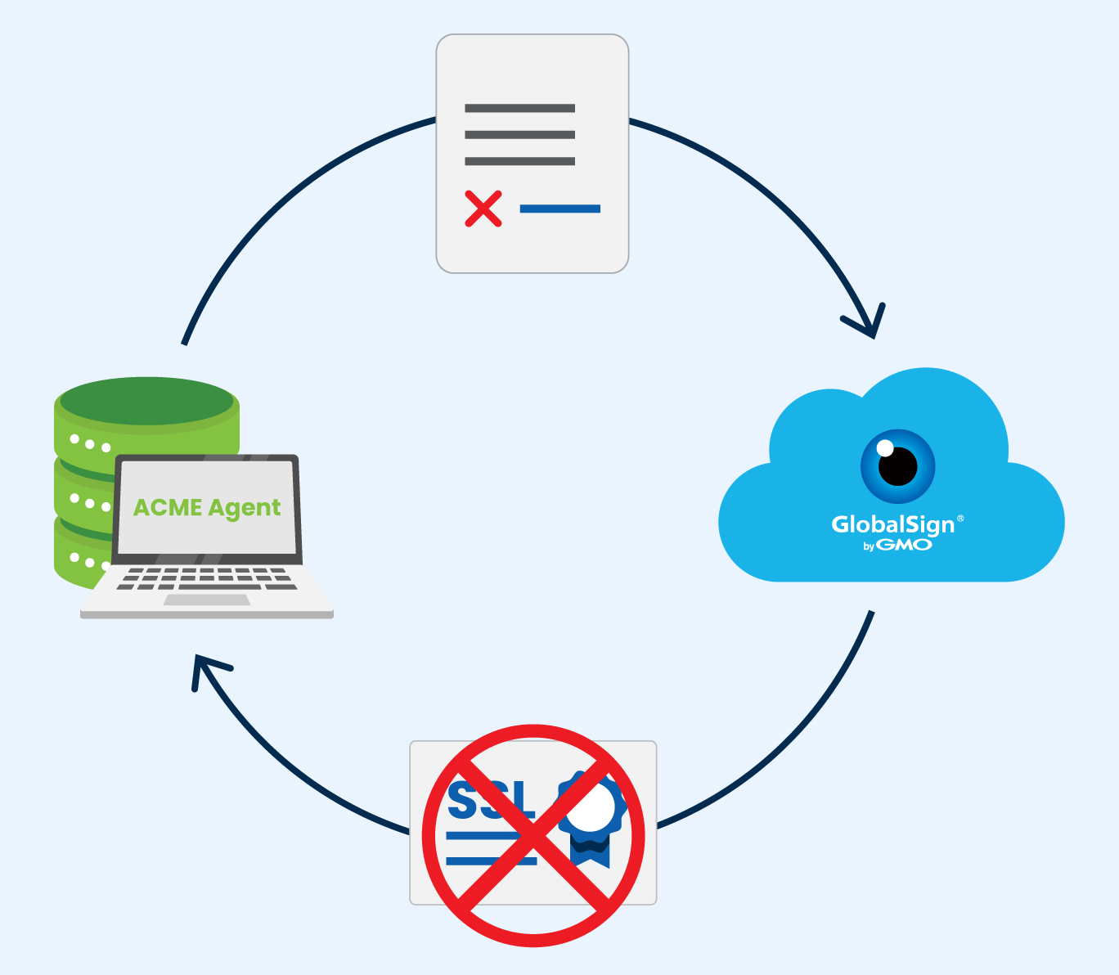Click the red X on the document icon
pyautogui.click(x=483, y=209)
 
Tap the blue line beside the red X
pyautogui.click(x=559, y=209)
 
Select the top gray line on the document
pyautogui.click(x=519, y=108)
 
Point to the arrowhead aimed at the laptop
pyautogui.click(x=204, y=667)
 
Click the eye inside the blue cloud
pyautogui.click(x=897, y=466)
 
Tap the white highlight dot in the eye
pyautogui.click(x=885, y=448)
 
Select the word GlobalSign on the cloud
pyautogui.click(x=892, y=524)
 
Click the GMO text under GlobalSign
pyautogui.click(x=904, y=545)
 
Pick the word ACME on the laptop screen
pyautogui.click(x=168, y=508)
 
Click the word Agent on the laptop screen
pyautogui.click(x=245, y=509)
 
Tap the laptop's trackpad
pyautogui.click(x=207, y=600)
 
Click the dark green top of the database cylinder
pyautogui.click(x=147, y=400)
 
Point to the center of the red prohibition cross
pyautogui.click(x=533, y=835)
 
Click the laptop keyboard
pyautogui.click(x=207, y=577)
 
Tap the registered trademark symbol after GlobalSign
pyautogui.click(x=960, y=519)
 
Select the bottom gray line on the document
pyautogui.click(x=519, y=161)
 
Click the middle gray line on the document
pyautogui.click(x=519, y=135)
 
